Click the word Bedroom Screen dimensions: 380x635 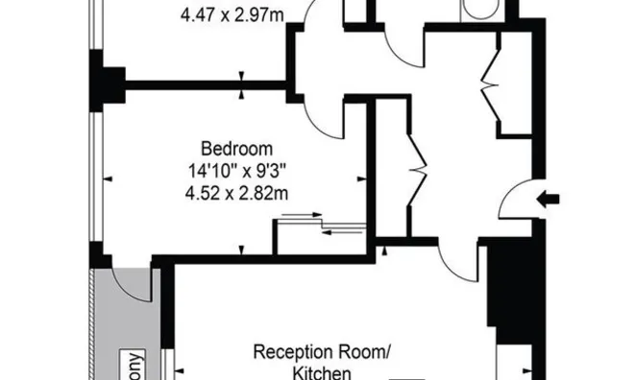click(x=236, y=149)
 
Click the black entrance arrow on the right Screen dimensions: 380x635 click(x=550, y=200)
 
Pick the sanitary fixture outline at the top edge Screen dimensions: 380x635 click(x=477, y=10)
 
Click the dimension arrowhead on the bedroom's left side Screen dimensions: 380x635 click(x=108, y=178)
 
